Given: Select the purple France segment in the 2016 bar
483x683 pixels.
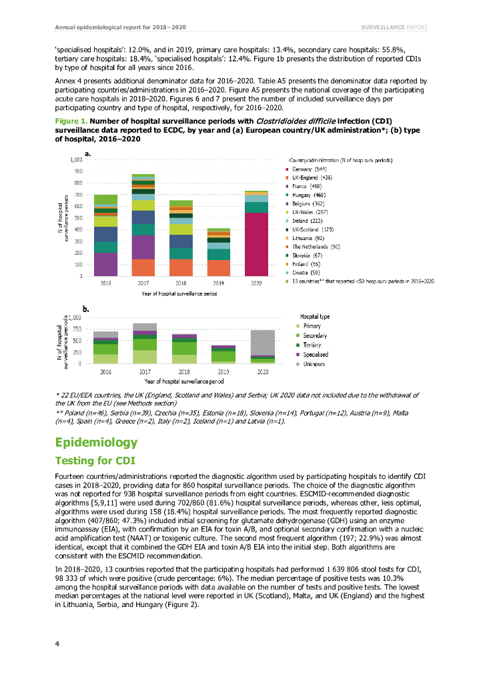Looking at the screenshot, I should [105, 264].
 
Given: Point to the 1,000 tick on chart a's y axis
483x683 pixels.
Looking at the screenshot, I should [76, 160].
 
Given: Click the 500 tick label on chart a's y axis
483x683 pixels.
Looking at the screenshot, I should [79, 218].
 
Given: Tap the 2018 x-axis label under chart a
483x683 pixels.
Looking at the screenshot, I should [181, 284].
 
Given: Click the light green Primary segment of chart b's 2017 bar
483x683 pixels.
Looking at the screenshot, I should [144, 357].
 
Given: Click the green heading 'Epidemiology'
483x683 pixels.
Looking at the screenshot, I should [96, 443].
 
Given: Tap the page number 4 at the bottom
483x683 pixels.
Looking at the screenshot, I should [57, 644].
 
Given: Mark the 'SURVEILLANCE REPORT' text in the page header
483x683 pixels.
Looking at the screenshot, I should [393, 27].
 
